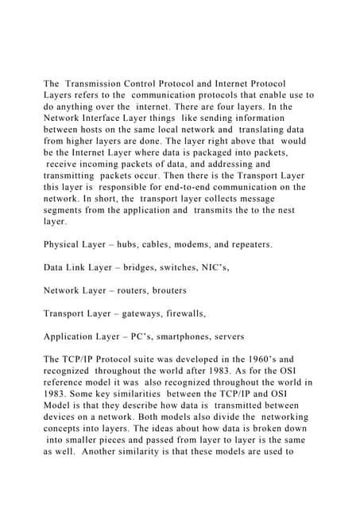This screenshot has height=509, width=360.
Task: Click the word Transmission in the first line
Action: point(100,84)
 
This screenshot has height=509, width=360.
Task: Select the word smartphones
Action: point(188,337)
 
